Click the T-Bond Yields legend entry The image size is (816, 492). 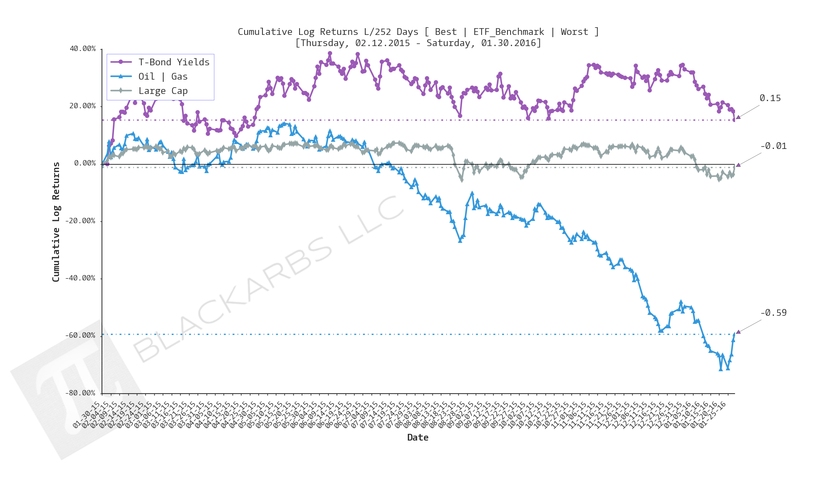(173, 62)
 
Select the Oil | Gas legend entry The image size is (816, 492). (163, 76)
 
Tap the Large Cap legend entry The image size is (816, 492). (163, 91)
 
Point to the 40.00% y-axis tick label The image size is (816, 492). (83, 49)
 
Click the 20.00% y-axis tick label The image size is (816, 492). (83, 106)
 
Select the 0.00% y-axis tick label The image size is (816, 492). (85, 163)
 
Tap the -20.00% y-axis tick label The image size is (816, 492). (81, 221)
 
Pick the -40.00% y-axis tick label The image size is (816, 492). (81, 278)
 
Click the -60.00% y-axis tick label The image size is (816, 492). (81, 335)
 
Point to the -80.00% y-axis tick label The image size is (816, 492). (81, 393)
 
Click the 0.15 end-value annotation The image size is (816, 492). (770, 98)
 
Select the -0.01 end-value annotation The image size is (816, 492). (773, 146)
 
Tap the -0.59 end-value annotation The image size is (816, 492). (773, 313)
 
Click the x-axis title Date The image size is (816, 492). (418, 437)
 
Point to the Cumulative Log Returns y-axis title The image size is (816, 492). (56, 222)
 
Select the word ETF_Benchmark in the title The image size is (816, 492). (508, 32)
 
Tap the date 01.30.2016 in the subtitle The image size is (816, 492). (509, 43)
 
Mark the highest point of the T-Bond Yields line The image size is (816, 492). (330, 53)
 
